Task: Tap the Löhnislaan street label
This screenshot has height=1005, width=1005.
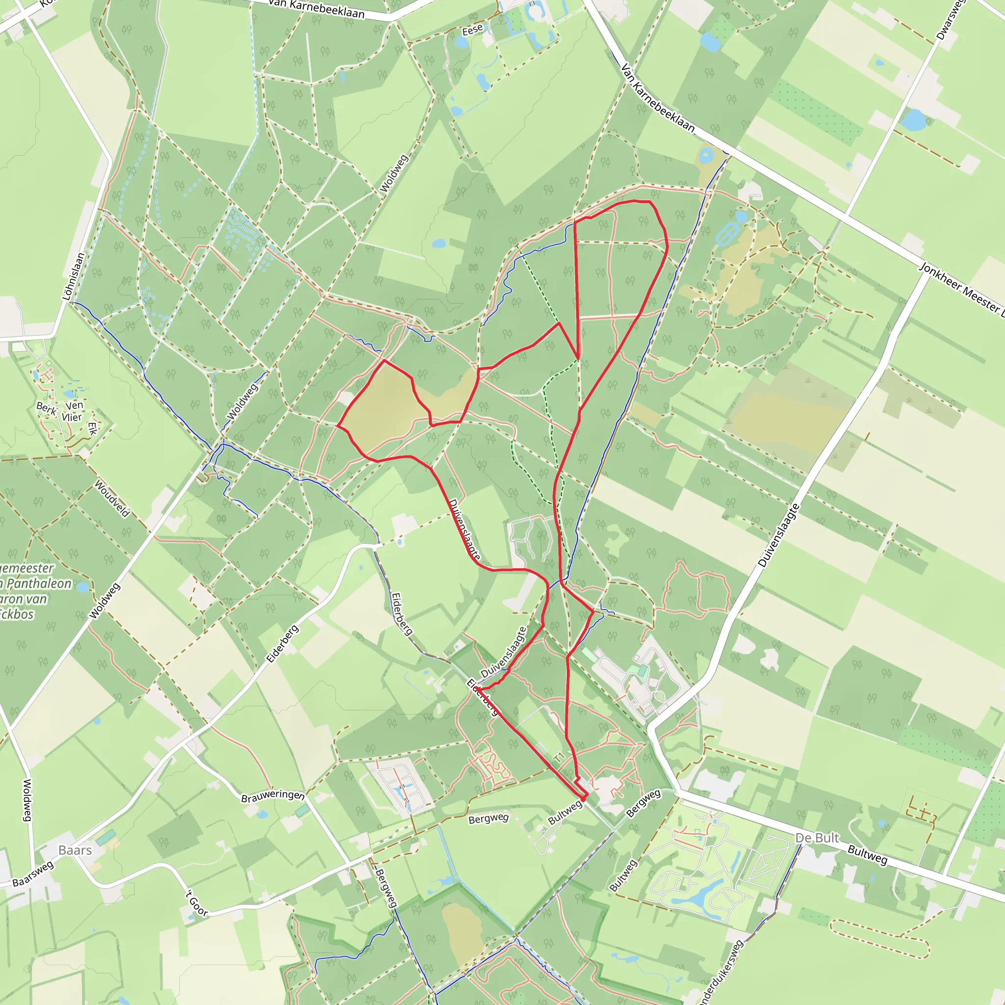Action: click(73, 277)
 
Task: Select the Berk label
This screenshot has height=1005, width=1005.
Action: click(46, 409)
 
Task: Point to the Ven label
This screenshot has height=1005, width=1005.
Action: click(75, 405)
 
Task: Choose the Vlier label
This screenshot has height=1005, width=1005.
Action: click(72, 417)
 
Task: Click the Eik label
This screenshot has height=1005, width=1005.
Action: click(93, 428)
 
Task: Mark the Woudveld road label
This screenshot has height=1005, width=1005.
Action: click(112, 499)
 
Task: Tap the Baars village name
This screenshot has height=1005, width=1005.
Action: click(75, 850)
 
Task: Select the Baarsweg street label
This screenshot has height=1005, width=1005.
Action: click(33, 873)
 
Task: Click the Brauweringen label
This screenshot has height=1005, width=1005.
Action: click(272, 796)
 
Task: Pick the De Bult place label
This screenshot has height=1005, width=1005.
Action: click(817, 838)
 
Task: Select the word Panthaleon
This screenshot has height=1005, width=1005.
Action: click(39, 583)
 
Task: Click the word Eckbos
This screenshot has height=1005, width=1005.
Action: click(17, 614)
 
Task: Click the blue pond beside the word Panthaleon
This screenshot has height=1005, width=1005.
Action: click(82, 587)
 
